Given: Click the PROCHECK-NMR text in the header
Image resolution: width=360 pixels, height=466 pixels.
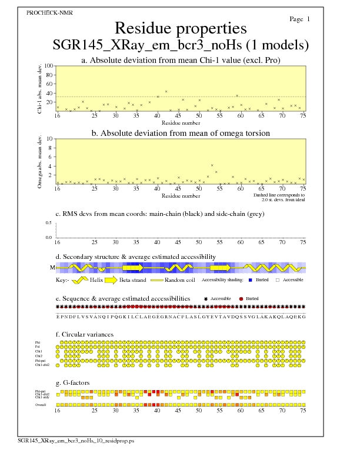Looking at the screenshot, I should click(46, 12).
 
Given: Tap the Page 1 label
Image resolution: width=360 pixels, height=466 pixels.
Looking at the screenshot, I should click(299, 19).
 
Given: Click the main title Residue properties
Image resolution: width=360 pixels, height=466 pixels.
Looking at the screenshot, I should click(181, 28).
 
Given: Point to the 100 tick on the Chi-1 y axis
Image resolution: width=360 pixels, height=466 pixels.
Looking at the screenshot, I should click(49, 66).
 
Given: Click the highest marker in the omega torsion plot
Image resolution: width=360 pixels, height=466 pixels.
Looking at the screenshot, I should click(212, 165).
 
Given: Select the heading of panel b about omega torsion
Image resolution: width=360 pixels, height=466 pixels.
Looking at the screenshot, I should click(181, 133).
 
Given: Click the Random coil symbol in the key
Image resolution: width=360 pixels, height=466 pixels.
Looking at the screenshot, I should click(156, 281).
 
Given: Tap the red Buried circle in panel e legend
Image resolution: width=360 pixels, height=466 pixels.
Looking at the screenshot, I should click(241, 299).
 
